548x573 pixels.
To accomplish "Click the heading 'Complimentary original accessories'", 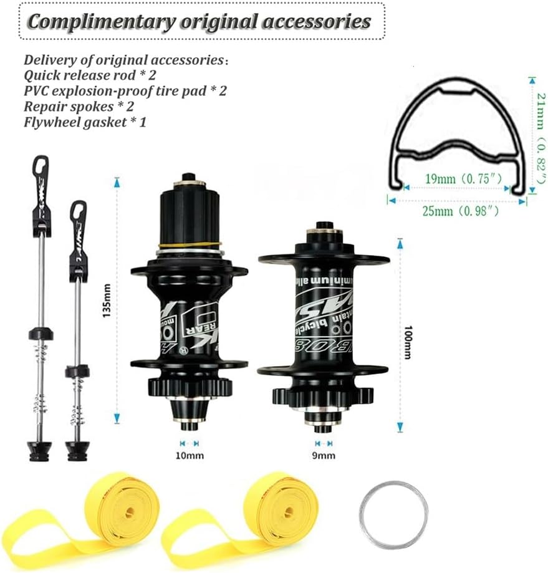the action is click(199, 21).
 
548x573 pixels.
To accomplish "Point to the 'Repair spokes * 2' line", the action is click(79, 106).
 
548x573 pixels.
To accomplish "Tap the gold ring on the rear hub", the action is click(190, 245).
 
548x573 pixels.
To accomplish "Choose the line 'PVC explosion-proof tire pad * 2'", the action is click(125, 90).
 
